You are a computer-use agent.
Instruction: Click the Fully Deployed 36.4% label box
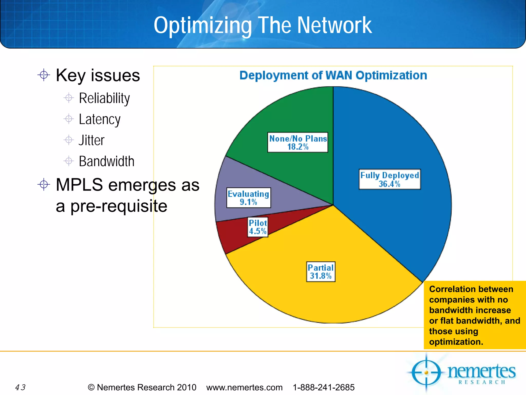[390, 179]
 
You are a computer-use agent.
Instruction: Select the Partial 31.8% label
[321, 272]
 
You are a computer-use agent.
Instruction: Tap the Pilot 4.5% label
[258, 227]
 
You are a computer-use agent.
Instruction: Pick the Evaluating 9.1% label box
[248, 197]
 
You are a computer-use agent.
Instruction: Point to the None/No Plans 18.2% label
[298, 142]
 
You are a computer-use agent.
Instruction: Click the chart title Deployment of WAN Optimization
[333, 76]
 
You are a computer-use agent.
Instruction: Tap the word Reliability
[104, 98]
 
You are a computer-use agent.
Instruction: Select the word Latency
[99, 119]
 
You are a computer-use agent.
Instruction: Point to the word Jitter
[91, 140]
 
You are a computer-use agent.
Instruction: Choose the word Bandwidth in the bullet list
[106, 161]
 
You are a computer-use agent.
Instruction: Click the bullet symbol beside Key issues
[44, 75]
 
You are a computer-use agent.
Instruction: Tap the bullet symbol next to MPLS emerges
[44, 184]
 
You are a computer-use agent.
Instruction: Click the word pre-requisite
[119, 206]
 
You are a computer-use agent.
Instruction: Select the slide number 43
[20, 387]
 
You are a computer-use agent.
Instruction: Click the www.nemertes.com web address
[244, 387]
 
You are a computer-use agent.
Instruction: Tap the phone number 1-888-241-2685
[324, 387]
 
